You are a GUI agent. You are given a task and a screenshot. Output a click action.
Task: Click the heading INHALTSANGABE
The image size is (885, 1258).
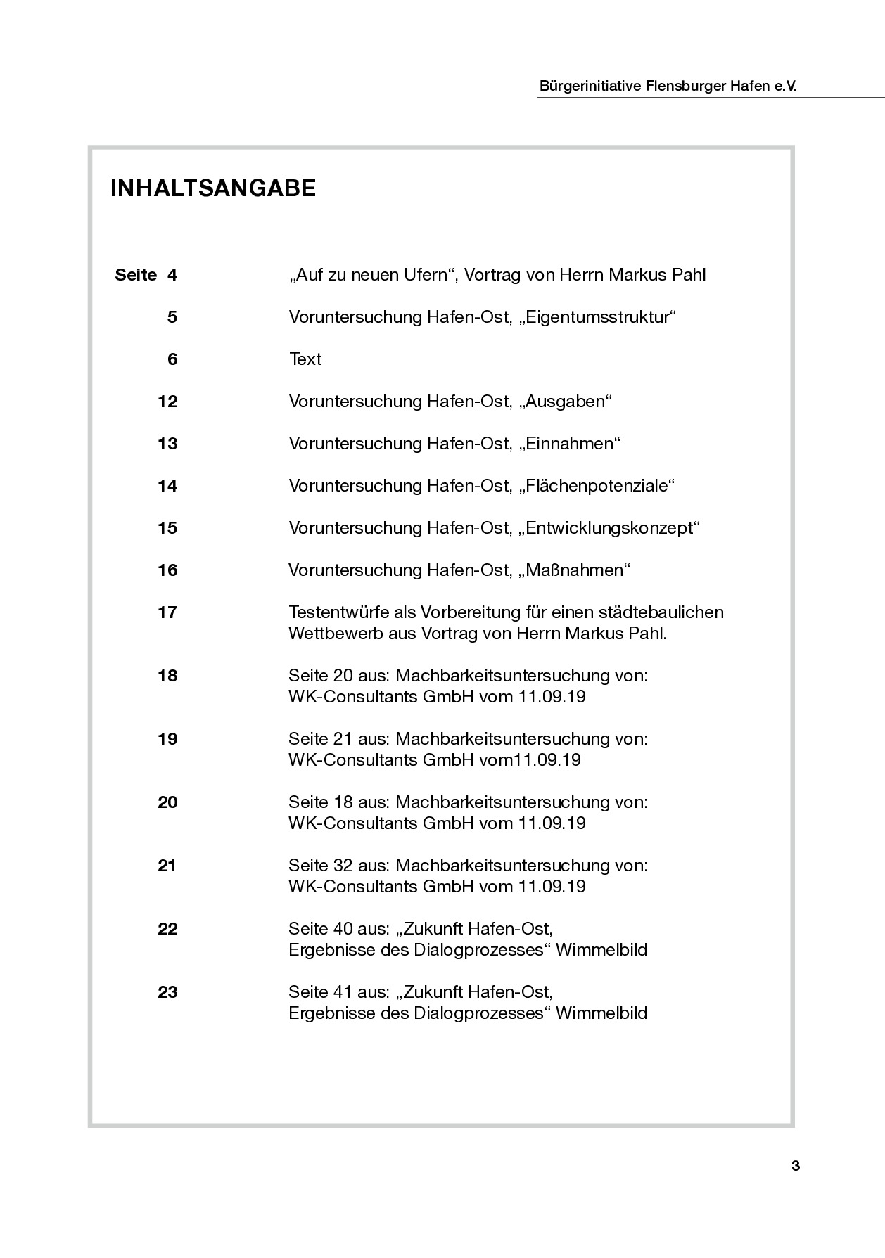(213, 188)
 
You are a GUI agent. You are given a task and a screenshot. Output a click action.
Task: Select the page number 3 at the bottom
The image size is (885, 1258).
(796, 1166)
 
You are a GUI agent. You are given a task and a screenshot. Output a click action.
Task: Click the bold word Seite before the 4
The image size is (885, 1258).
(136, 275)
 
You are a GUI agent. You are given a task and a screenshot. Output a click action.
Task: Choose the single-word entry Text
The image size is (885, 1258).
(305, 359)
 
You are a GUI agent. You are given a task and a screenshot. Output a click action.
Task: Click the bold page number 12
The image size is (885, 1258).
(168, 402)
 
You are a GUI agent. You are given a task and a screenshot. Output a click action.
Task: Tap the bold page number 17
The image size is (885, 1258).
(167, 612)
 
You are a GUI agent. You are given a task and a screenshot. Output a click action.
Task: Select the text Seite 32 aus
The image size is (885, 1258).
(339, 866)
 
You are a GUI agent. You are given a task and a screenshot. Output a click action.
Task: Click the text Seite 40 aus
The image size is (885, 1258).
(339, 929)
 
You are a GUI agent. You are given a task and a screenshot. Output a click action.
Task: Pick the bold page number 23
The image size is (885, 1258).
(167, 992)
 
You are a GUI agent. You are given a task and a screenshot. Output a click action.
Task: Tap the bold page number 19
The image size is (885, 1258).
(167, 739)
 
